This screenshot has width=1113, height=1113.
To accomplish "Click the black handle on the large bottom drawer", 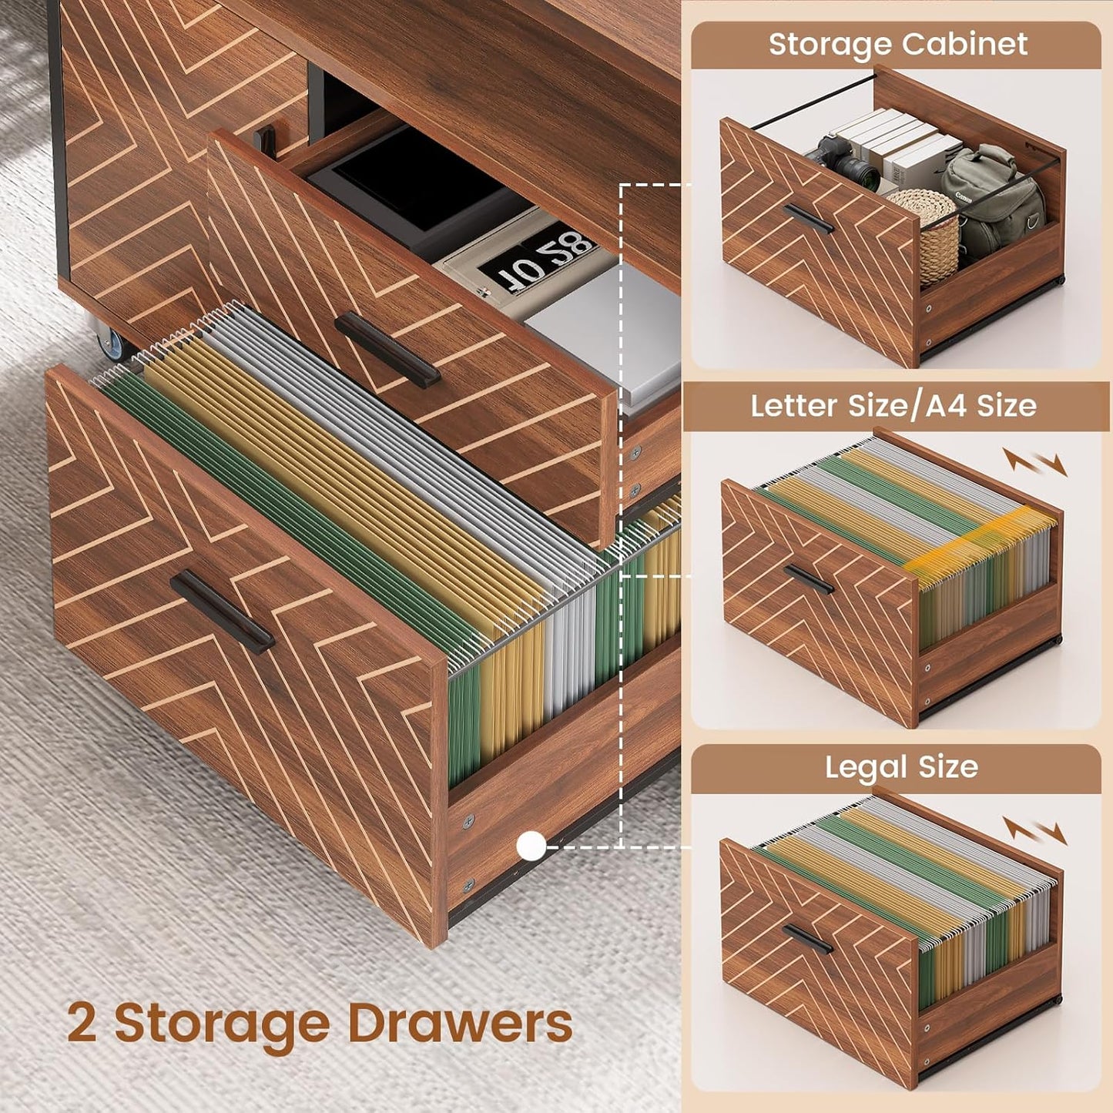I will point(222,612).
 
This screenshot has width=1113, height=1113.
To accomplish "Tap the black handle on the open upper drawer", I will point(387,349).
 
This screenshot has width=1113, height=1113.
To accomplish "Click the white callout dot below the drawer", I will point(531,846).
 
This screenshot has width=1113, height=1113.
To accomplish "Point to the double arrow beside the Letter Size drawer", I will point(1034,462).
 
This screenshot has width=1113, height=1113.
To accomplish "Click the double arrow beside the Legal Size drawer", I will point(1034,831).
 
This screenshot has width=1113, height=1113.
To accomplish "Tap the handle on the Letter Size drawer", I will point(808,579).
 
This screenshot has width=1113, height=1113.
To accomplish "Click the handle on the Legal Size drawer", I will point(807,939).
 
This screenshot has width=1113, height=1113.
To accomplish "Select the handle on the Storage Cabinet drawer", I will point(808,218).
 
